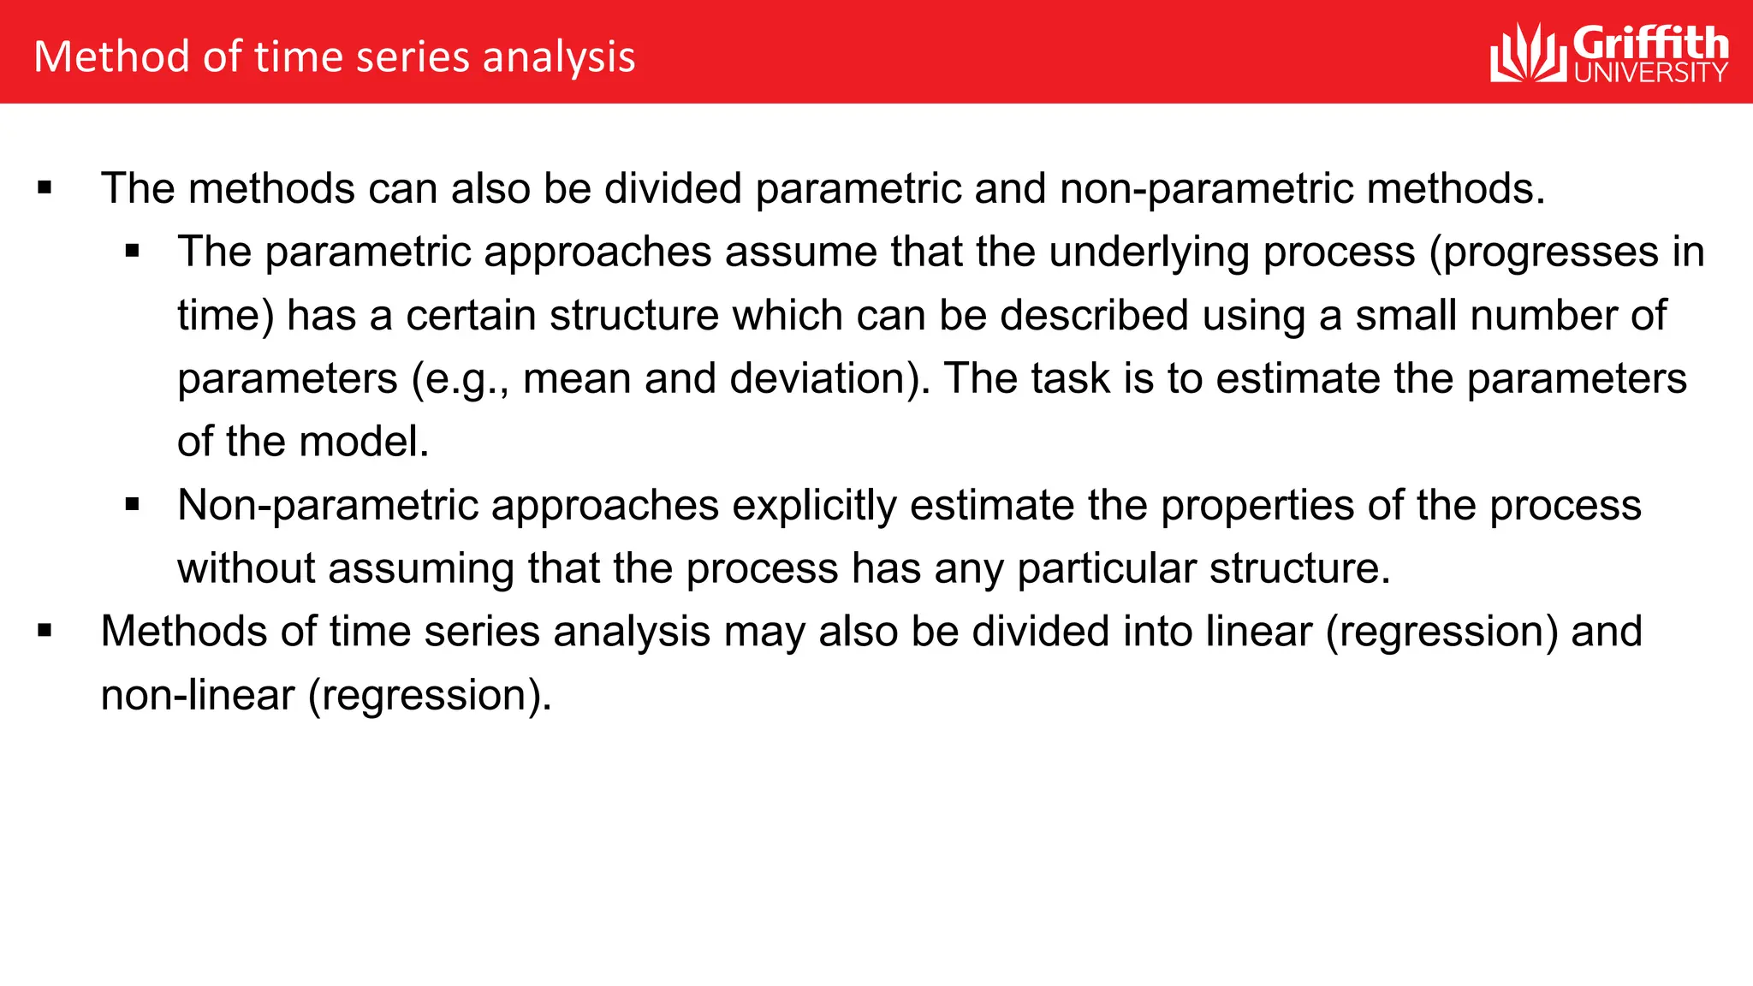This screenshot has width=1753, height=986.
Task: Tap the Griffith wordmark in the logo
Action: tap(1650, 43)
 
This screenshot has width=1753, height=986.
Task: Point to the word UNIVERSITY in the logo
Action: tap(1650, 72)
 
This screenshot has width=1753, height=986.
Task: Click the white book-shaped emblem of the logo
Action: tap(1530, 54)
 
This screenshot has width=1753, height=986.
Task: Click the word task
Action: tap(1070, 379)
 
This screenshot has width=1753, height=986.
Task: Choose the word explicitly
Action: tap(814, 506)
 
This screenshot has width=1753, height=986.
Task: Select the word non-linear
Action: tap(198, 695)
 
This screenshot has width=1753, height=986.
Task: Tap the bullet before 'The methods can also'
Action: tap(45, 188)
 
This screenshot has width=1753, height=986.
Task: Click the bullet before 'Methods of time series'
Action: tap(45, 632)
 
